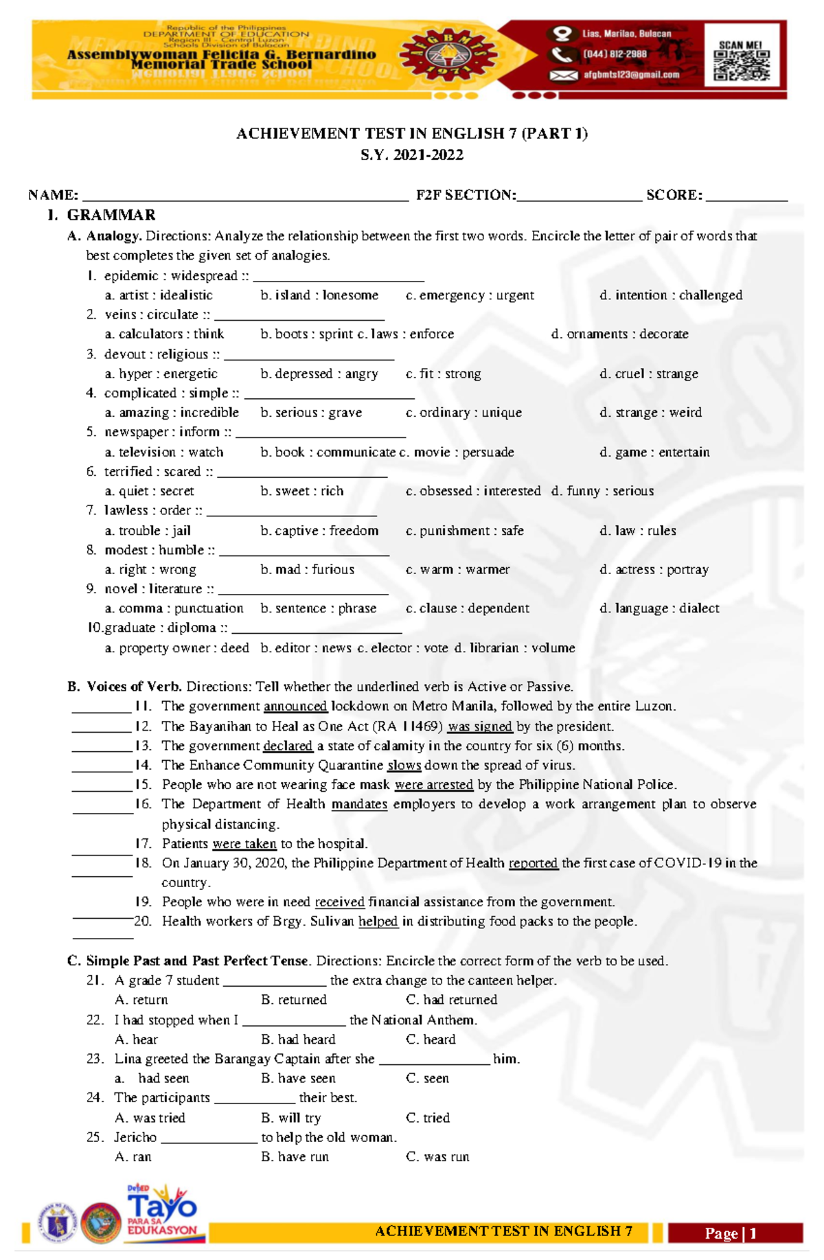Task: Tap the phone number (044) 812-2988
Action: pyautogui.click(x=615, y=54)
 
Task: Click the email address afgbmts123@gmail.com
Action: pyautogui.click(x=631, y=75)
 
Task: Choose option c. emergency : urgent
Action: pyautogui.click(x=470, y=295)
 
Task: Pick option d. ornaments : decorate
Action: pyautogui.click(x=619, y=334)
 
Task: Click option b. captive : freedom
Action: pyautogui.click(x=319, y=531)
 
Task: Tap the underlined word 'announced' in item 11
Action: pyautogui.click(x=295, y=707)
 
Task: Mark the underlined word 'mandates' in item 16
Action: pyautogui.click(x=359, y=804)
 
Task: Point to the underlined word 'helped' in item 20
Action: pyautogui.click(x=378, y=921)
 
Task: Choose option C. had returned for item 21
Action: pyautogui.click(x=451, y=1000)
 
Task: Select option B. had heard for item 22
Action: pyautogui.click(x=298, y=1040)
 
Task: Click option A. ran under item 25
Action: pyautogui.click(x=133, y=1157)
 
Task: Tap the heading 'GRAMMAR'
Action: pyautogui.click(x=111, y=216)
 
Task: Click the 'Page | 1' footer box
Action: pyautogui.click(x=734, y=1234)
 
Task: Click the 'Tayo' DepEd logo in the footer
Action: pyautogui.click(x=162, y=1212)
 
